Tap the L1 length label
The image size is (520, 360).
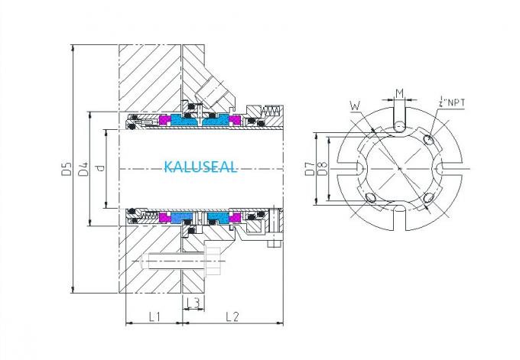point(153,316)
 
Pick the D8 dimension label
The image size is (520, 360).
point(321,169)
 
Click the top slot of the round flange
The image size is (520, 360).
point(398,118)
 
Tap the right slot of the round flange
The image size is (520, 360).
point(450,168)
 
